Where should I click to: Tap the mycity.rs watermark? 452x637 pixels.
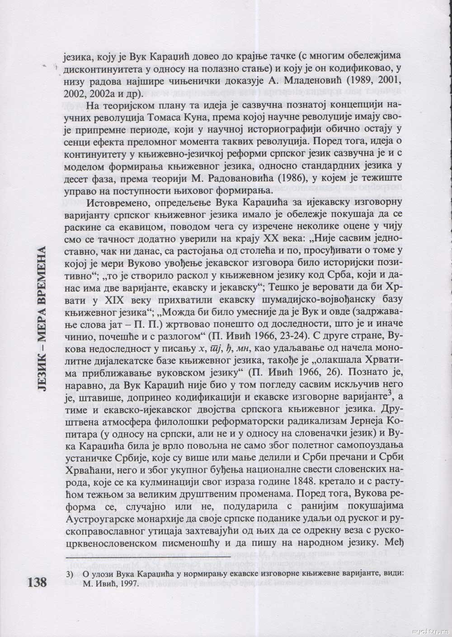(x=431, y=630)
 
